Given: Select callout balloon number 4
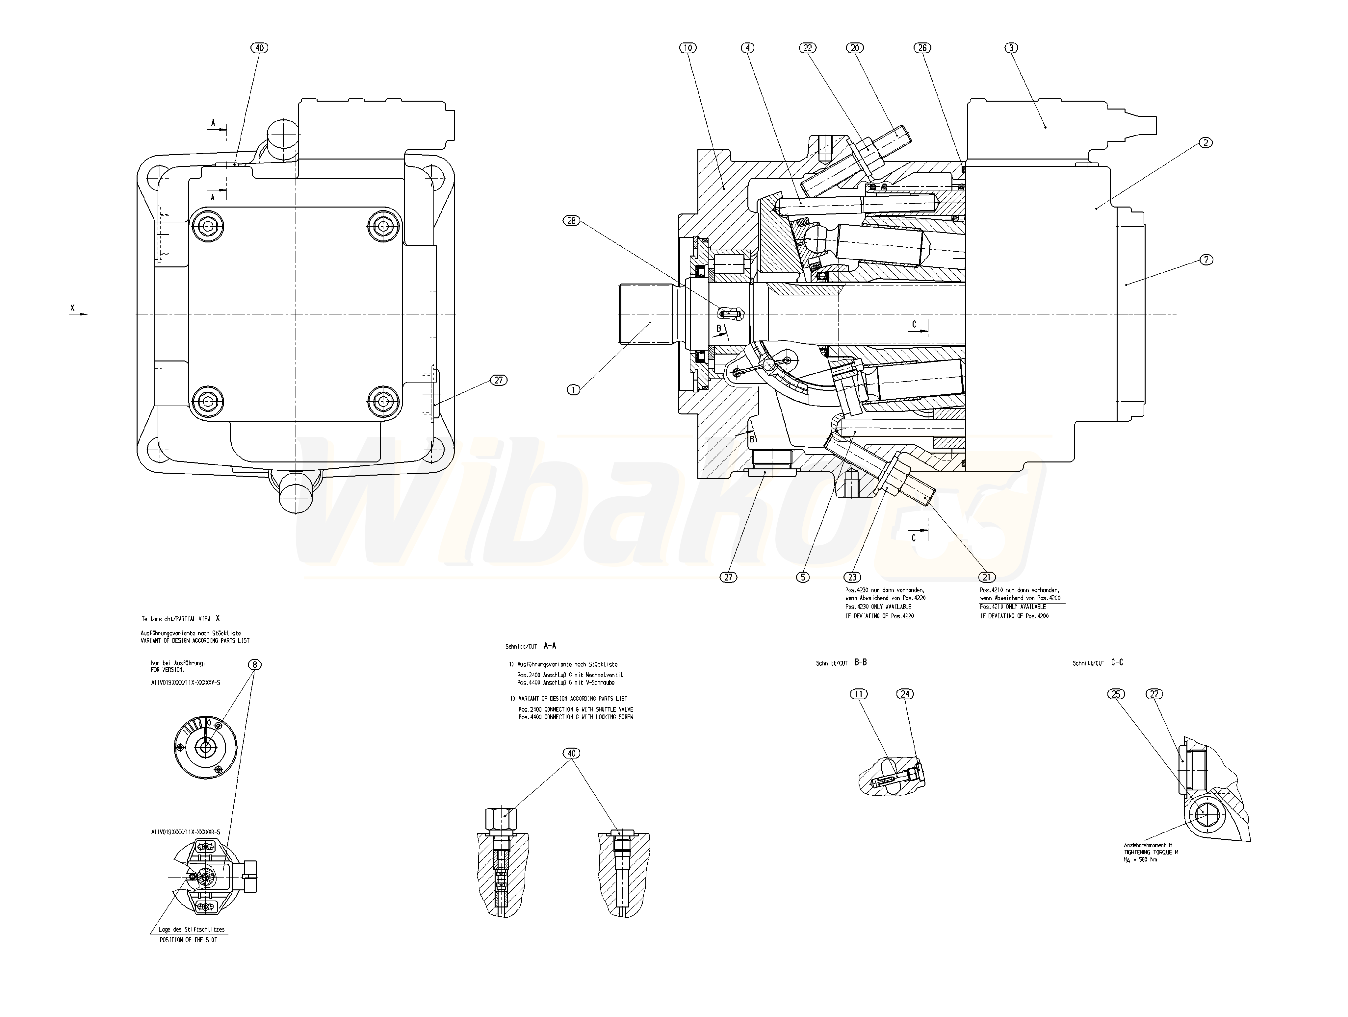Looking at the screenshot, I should pos(748,47).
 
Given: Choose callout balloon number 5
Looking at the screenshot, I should pos(803,577).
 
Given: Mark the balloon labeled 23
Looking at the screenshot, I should pos(852,577).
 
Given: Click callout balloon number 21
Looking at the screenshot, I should pos(987,577).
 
